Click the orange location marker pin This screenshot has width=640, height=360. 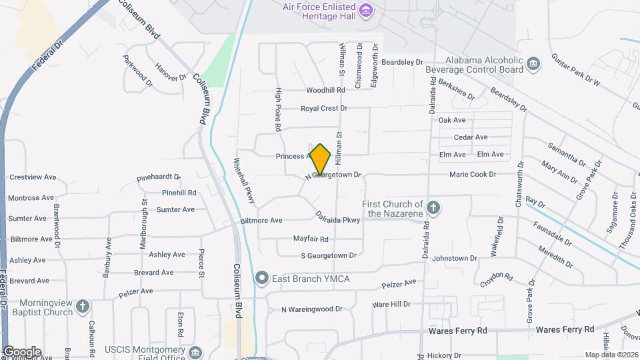tap(321, 159)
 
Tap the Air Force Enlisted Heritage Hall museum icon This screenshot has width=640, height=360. tap(365, 11)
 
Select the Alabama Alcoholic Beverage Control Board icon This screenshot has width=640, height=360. tap(533, 64)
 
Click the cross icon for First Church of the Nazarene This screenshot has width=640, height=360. tap(433, 208)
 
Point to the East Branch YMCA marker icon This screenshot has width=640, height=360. tap(262, 277)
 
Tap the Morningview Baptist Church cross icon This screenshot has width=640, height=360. tap(82, 307)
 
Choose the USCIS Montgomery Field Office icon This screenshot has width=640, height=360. tap(195, 351)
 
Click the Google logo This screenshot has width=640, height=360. tap(21, 351)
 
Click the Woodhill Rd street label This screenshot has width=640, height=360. tap(325, 90)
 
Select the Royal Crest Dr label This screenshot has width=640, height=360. tap(324, 108)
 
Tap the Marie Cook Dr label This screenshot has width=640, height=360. tap(473, 175)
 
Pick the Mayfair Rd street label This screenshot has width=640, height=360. tap(311, 239)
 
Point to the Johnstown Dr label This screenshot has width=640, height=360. tap(455, 258)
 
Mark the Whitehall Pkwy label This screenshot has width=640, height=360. tap(243, 181)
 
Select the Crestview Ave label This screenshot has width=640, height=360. tap(32, 177)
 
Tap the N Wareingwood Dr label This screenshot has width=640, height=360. tap(311, 309)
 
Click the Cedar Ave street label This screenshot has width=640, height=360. tap(471, 137)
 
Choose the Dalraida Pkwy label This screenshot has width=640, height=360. tap(338, 218)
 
